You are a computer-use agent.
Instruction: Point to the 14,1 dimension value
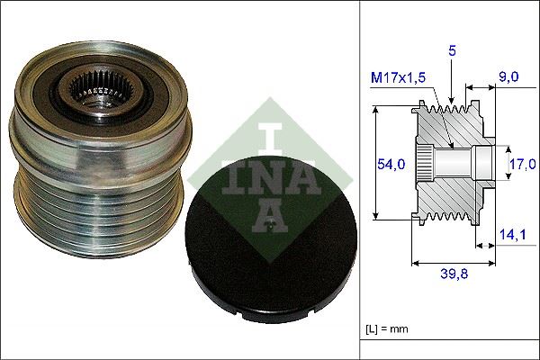tap(511, 237)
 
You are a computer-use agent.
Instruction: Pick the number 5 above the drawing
tap(453, 52)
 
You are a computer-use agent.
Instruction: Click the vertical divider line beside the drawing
tap(359, 180)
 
